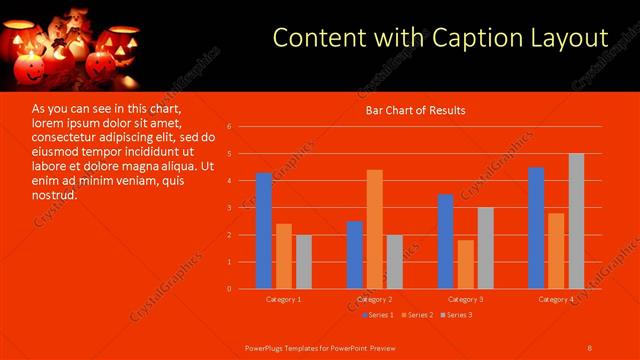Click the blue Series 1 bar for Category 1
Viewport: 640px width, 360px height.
click(264, 231)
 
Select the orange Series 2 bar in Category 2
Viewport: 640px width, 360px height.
click(374, 229)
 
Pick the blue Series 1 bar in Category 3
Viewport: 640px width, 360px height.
click(446, 241)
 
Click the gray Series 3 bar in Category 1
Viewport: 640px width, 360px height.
click(303, 262)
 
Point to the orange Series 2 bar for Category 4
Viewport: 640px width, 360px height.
click(556, 250)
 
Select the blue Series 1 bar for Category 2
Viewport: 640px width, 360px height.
click(355, 255)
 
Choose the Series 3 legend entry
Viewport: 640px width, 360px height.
click(458, 315)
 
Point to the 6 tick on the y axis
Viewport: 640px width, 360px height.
click(229, 127)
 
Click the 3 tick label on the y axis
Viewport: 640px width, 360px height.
click(229, 208)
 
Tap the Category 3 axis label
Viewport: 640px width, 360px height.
click(465, 299)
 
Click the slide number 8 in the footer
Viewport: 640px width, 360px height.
click(590, 347)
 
